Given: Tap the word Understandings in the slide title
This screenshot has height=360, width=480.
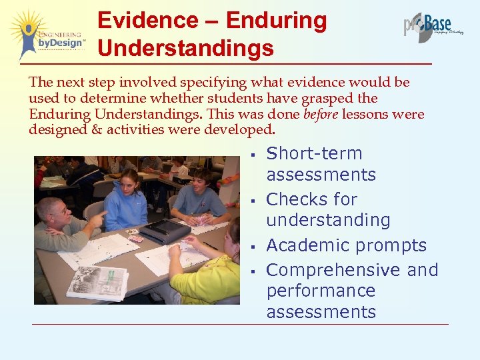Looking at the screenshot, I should [185, 48].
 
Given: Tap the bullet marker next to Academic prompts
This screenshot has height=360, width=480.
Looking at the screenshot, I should [253, 247].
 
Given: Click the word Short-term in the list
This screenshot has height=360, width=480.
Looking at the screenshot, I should [314, 153].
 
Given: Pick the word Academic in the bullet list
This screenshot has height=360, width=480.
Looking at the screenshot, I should [306, 245].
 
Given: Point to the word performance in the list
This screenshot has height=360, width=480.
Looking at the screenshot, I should [321, 291].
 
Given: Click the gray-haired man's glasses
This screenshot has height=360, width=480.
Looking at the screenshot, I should [59, 212].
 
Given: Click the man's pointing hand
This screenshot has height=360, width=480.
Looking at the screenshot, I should [99, 219].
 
